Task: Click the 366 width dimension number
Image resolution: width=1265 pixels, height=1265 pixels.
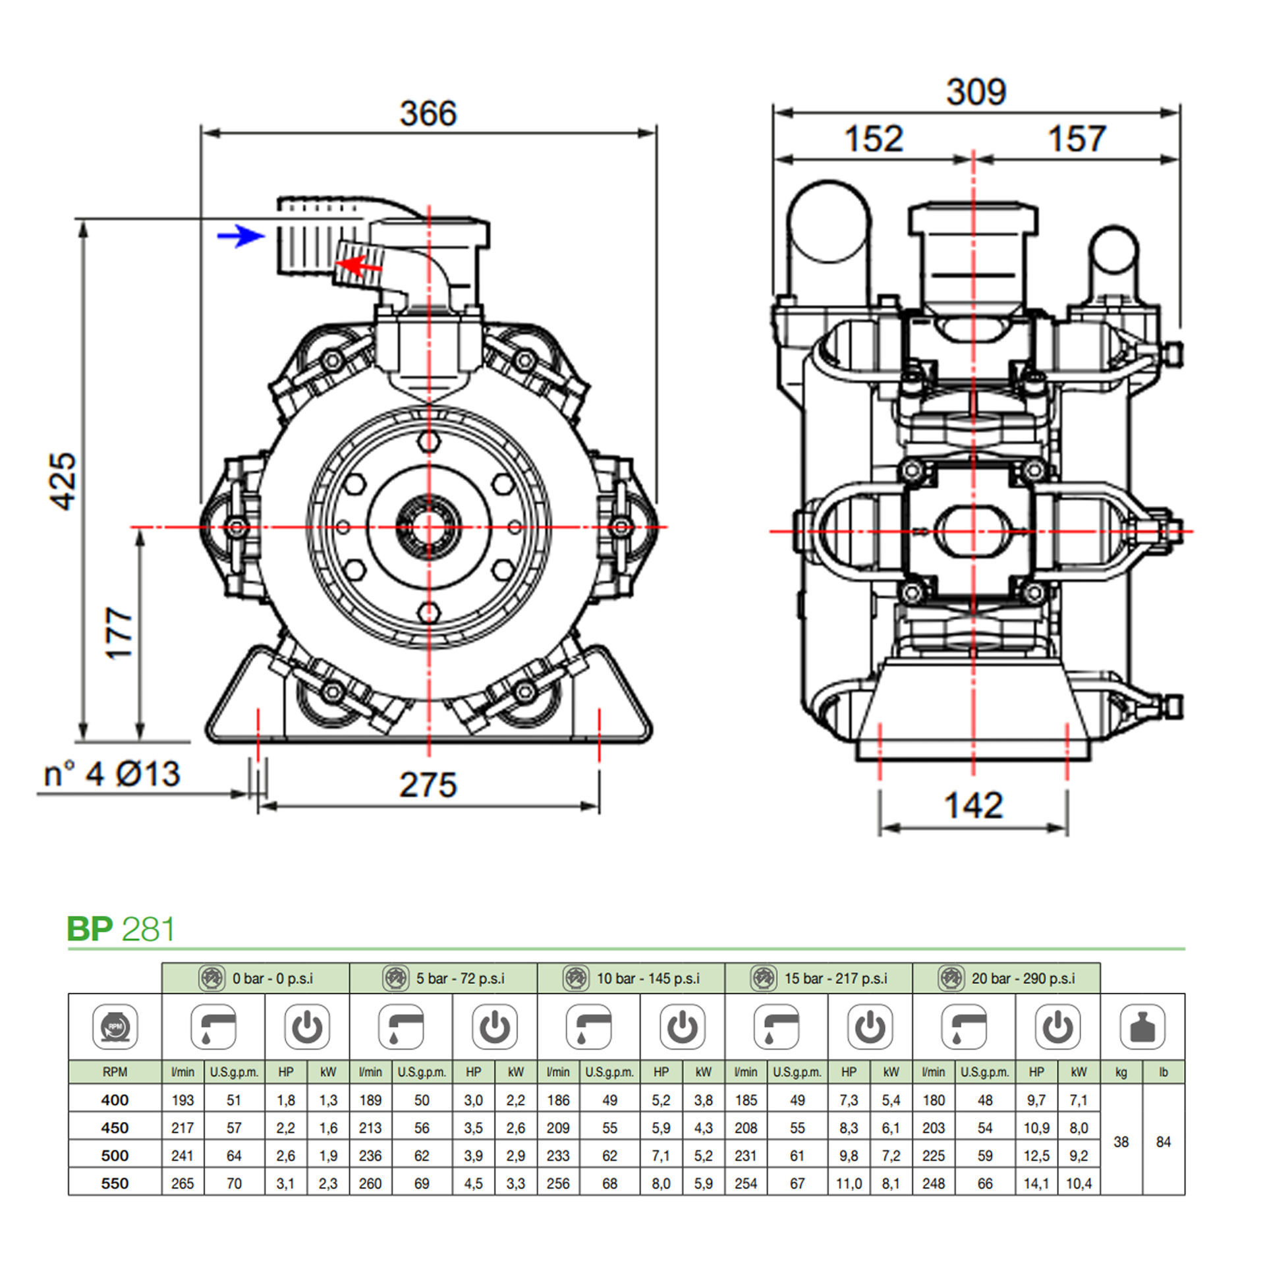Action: pyautogui.click(x=428, y=113)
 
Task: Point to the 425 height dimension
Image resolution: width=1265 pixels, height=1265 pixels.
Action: pyautogui.click(x=64, y=481)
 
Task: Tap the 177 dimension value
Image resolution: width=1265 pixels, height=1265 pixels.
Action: pyautogui.click(x=119, y=633)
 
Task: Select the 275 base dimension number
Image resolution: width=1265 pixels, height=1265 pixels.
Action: pyautogui.click(x=428, y=785)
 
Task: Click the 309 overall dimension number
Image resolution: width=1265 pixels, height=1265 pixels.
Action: pyautogui.click(x=976, y=92)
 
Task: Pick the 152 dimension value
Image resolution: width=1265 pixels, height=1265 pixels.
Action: pyautogui.click(x=874, y=139)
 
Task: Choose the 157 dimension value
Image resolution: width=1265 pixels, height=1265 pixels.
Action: pyautogui.click(x=1076, y=139)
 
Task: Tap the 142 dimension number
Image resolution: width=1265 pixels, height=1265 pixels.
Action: pyautogui.click(x=973, y=805)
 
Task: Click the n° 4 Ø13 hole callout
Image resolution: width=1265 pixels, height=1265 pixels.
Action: pyautogui.click(x=111, y=773)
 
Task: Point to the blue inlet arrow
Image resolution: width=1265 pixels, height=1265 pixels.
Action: pyautogui.click(x=240, y=236)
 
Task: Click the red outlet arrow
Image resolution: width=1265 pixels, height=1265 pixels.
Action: pyautogui.click(x=359, y=266)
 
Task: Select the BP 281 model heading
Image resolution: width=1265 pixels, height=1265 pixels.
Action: pyautogui.click(x=121, y=929)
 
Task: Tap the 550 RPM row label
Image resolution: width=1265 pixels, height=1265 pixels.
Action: pyautogui.click(x=115, y=1183)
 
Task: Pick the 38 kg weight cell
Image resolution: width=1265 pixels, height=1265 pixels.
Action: pyautogui.click(x=1121, y=1142)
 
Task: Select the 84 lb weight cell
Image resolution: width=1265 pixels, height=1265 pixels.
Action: pyautogui.click(x=1163, y=1142)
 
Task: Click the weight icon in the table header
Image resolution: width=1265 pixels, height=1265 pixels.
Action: pyautogui.click(x=1142, y=1027)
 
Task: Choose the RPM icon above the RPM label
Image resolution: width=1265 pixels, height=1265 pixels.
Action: pyautogui.click(x=115, y=1027)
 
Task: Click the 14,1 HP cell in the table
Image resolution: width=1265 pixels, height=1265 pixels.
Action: pyautogui.click(x=1036, y=1183)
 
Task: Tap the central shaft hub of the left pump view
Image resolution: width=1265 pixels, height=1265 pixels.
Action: pyautogui.click(x=429, y=526)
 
